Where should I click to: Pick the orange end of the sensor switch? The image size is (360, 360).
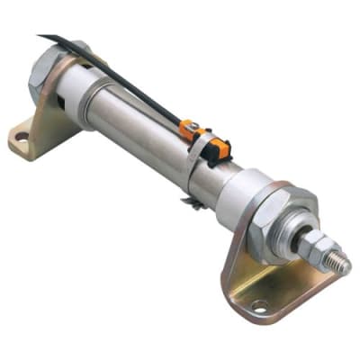190,131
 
